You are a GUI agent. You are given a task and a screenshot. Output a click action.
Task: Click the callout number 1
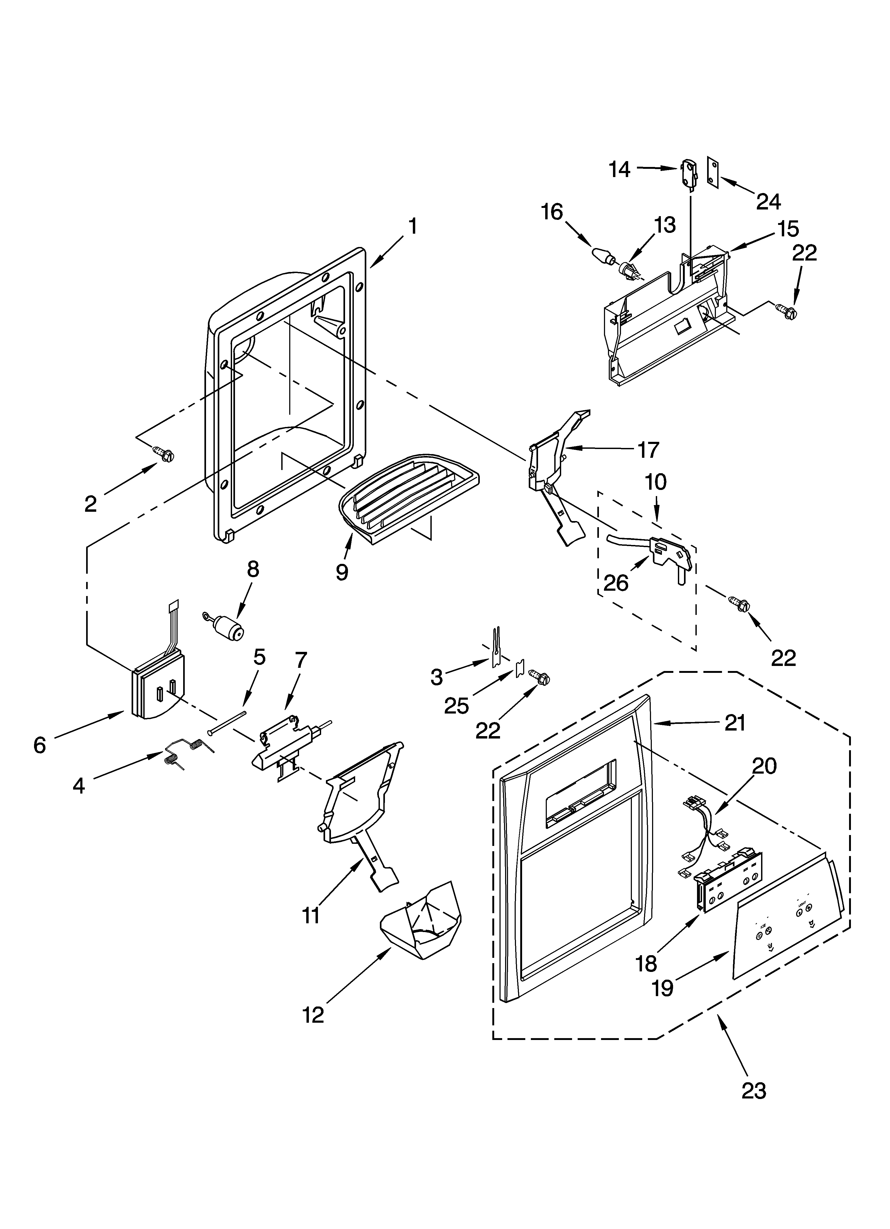click(413, 226)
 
